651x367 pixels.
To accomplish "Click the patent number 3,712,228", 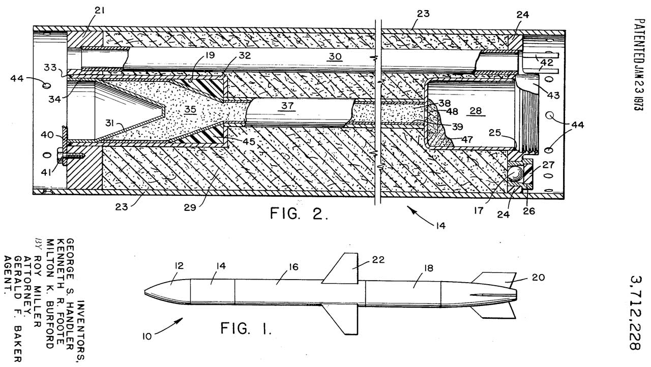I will [x=634, y=313].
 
